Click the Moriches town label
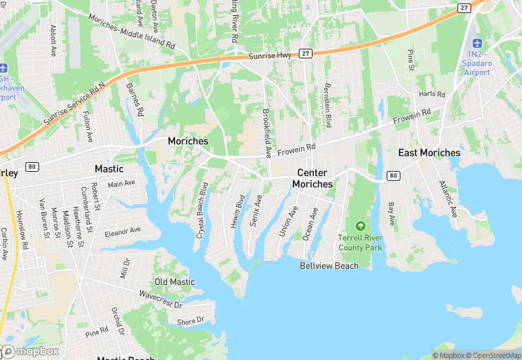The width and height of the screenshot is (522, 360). (x=188, y=140)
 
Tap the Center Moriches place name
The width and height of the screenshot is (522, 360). (x=312, y=179)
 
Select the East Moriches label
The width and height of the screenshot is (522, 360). (x=429, y=153)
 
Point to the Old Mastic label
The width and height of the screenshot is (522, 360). (x=174, y=282)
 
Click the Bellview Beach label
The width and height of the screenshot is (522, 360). (x=329, y=266)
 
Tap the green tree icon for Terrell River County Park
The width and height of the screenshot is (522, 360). (x=360, y=225)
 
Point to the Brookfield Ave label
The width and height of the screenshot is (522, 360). (x=267, y=131)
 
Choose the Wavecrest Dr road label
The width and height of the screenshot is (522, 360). (x=160, y=300)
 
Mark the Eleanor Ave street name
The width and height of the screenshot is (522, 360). (x=122, y=232)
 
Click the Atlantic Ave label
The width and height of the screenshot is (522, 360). (x=448, y=198)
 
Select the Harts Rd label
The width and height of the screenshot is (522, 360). (x=432, y=93)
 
